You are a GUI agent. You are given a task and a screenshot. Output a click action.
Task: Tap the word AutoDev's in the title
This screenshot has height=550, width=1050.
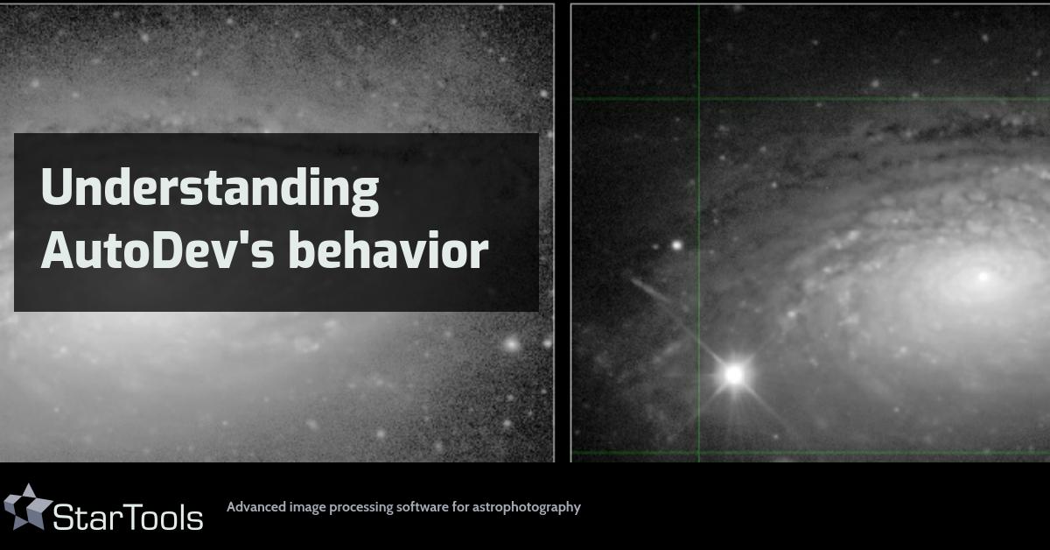(157, 251)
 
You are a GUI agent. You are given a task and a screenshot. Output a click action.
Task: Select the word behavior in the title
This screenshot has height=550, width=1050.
(388, 251)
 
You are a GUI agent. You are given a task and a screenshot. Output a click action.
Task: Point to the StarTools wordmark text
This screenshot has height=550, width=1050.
(128, 517)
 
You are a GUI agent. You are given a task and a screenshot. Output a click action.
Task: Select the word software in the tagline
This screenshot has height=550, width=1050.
(423, 506)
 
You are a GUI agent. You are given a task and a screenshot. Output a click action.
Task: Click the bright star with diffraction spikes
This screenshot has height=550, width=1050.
(734, 375)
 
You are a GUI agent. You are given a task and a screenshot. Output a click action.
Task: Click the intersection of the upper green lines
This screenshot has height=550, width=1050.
(698, 98)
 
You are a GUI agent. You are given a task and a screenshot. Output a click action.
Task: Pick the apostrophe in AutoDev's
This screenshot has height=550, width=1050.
(249, 236)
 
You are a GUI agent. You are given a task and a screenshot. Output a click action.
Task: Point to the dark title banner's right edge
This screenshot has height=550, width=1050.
(538, 222)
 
